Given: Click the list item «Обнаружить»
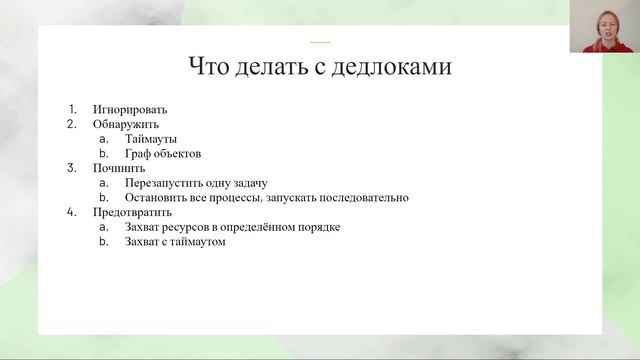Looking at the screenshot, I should coord(126,124).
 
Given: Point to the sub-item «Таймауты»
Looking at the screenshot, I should coord(151,139).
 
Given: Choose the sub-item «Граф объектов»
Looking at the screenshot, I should coord(163,154).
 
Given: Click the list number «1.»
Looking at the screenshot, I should coord(72,109).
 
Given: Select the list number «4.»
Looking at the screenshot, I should coord(72,212).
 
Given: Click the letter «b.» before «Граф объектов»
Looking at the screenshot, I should coord(104,154).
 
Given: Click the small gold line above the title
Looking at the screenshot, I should coord(320,42).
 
